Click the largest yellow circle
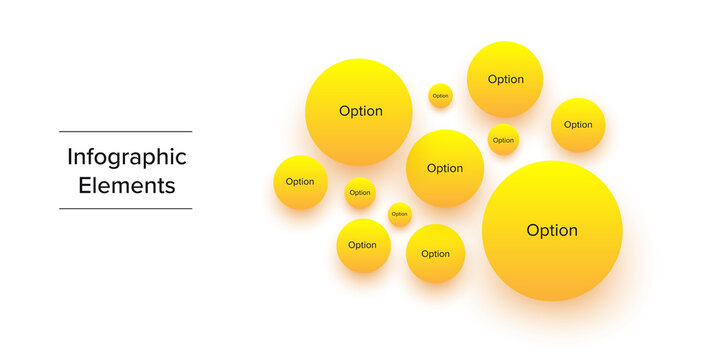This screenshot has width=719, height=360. tap(552, 231)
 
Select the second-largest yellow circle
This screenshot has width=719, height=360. tap(359, 111)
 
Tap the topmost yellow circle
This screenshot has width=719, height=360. tap(505, 79)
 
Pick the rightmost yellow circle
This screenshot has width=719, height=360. tap(578, 125)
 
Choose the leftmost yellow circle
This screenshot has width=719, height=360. tap(300, 182)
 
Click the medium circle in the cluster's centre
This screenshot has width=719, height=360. tap(445, 168)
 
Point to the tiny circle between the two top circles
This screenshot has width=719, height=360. tap(440, 96)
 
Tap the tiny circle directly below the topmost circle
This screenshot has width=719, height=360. tap(503, 140)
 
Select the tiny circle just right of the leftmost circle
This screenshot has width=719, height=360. tap(360, 193)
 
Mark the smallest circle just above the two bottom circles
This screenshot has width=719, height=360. tap(399, 214)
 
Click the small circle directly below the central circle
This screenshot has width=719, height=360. tap(435, 254)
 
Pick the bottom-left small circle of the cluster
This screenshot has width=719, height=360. tap(363, 245)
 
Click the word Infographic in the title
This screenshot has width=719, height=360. tap(127, 157)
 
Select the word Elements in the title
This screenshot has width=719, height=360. tap(127, 185)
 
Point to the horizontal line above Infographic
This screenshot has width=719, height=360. tap(125, 131)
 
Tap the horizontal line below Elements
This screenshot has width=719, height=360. tap(125, 209)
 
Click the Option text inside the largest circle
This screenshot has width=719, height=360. tap(552, 231)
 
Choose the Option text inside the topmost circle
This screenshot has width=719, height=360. tap(505, 79)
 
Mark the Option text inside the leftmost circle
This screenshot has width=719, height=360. tap(300, 182)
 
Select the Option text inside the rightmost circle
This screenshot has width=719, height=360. tap(578, 125)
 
